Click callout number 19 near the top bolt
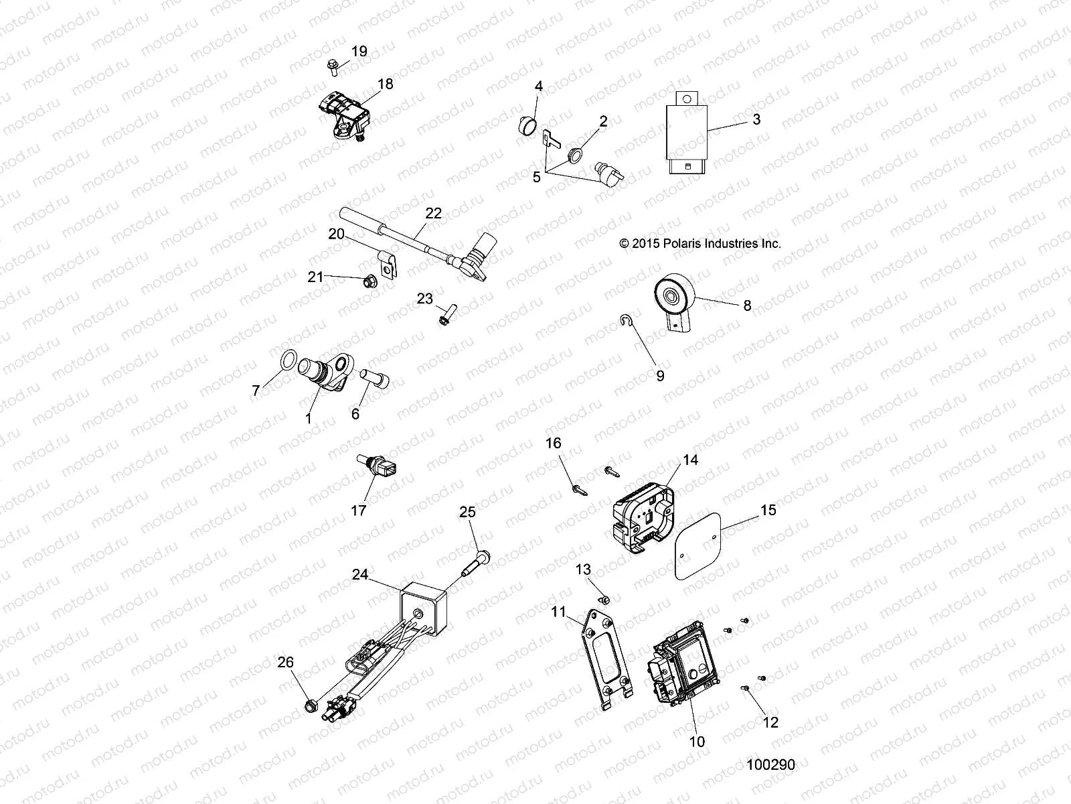(x=359, y=52)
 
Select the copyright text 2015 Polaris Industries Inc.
(x=700, y=245)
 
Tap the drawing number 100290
(x=771, y=764)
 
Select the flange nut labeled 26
(x=310, y=704)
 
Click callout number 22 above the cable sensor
(x=434, y=213)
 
